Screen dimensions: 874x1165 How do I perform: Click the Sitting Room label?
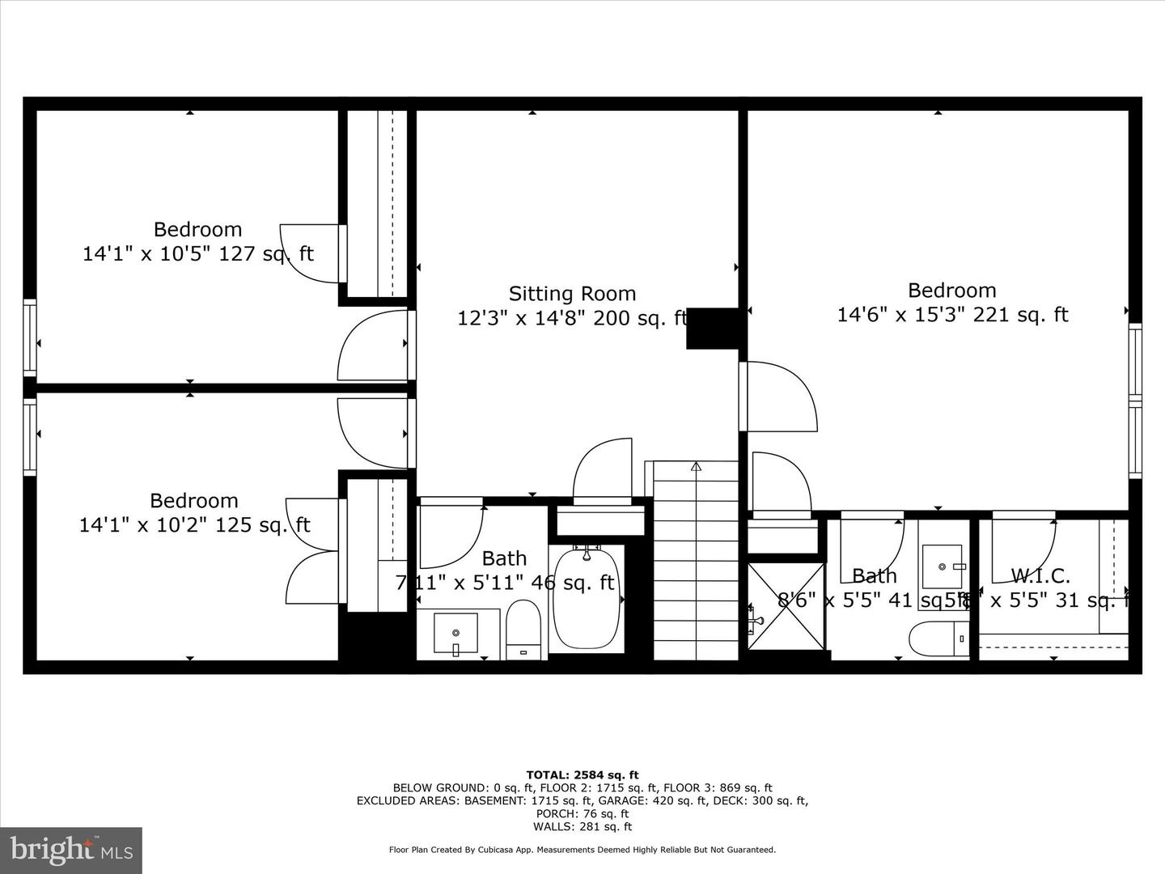point(572,294)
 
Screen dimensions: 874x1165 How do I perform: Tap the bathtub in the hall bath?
point(587,599)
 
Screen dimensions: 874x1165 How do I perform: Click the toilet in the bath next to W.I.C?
point(938,639)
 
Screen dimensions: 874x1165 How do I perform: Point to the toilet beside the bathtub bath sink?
point(523,630)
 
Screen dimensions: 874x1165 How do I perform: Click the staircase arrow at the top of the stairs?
point(696,466)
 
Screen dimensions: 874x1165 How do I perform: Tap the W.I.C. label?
point(1040,576)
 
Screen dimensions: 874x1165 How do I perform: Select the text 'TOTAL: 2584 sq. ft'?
point(582,775)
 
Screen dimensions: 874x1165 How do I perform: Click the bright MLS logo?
point(71,850)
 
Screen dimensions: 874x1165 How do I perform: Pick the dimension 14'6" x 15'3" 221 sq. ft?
point(952,315)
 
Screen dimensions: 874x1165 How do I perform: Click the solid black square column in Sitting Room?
point(713,329)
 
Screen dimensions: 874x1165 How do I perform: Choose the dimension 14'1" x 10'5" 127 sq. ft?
point(197,254)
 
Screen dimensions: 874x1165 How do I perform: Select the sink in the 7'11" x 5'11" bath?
point(455,633)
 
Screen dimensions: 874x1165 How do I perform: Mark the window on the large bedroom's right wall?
point(1135,401)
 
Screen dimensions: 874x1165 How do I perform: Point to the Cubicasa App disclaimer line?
point(582,850)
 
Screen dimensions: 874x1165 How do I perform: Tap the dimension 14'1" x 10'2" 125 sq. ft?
point(194,525)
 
